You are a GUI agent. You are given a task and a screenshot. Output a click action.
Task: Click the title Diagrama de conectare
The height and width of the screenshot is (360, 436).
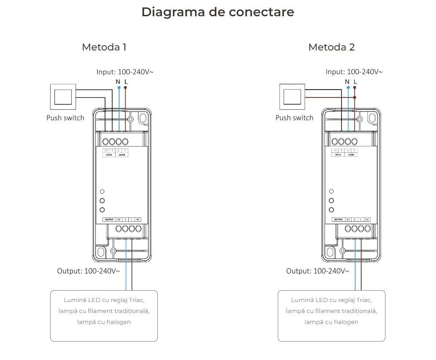click(x=218, y=12)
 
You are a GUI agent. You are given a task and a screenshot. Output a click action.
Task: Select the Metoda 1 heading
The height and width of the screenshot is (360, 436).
click(x=104, y=47)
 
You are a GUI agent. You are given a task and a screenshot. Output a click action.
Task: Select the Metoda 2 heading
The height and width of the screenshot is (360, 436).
click(x=331, y=47)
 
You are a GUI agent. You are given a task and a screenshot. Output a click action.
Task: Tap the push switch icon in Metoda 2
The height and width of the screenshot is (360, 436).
click(x=292, y=97)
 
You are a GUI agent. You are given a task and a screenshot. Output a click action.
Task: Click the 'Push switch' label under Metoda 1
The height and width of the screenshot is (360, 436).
click(x=65, y=118)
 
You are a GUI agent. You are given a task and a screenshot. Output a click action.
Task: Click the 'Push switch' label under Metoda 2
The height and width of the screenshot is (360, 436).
click(x=294, y=118)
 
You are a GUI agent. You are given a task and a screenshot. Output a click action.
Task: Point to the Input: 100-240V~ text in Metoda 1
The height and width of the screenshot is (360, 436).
click(x=125, y=72)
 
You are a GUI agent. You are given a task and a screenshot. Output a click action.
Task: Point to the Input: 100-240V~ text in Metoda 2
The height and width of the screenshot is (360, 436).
click(x=354, y=72)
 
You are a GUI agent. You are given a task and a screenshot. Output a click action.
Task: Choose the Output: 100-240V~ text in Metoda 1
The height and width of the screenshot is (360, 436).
click(x=88, y=271)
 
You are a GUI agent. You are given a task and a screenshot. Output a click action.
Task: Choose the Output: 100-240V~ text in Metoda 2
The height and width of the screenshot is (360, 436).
click(x=317, y=271)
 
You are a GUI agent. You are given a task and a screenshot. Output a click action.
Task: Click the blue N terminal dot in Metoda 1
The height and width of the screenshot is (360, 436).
click(x=119, y=88)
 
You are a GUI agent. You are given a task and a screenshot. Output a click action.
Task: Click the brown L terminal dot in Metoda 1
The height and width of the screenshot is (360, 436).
click(x=126, y=88)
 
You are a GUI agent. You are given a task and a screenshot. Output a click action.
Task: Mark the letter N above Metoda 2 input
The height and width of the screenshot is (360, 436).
click(x=347, y=82)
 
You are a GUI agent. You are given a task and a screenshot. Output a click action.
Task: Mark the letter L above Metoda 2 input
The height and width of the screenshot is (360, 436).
click(x=355, y=82)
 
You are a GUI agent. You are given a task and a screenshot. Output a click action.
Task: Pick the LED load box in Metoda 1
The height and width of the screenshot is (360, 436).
click(x=104, y=316)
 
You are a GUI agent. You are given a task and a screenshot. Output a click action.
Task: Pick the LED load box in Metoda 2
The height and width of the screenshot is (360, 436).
click(x=331, y=316)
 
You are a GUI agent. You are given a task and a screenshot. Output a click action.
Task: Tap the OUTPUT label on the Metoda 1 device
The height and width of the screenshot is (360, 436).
click(x=109, y=219)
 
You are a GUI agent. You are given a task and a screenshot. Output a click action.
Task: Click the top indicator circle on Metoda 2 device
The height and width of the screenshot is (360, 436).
click(x=331, y=191)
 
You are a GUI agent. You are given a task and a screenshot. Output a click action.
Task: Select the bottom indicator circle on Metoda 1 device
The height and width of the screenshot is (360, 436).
click(x=102, y=210)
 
